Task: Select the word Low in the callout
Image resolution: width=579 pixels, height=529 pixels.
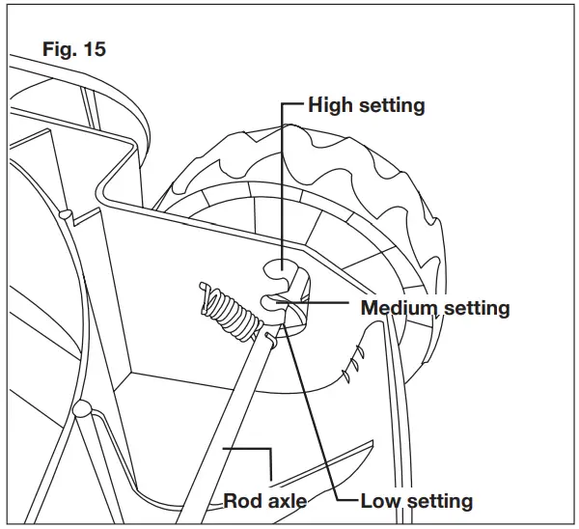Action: pos(379,501)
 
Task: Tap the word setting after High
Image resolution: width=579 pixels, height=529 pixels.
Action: pos(392,106)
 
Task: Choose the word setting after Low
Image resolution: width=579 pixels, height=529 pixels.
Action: pos(439,501)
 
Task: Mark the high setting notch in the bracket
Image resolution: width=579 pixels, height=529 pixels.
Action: pos(278,266)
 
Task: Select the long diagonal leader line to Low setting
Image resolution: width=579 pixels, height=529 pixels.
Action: pos(314,405)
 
